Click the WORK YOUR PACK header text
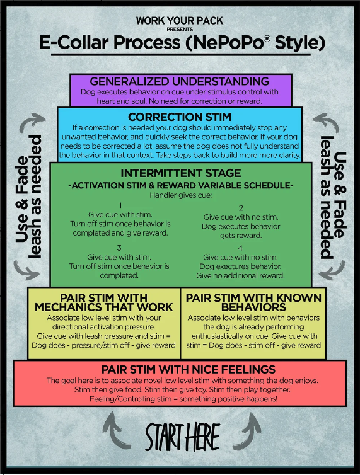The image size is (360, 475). [x=180, y=21]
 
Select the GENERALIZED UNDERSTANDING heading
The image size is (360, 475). [x=180, y=82]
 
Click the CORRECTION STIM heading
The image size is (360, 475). [x=180, y=117]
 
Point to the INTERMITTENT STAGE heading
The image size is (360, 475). [x=180, y=173]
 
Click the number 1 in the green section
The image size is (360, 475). [x=120, y=205]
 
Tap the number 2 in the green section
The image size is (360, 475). [x=240, y=207]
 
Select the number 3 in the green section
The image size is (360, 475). [x=120, y=248]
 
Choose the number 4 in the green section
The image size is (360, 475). [x=240, y=248]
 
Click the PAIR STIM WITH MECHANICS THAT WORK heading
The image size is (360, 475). [x=103, y=302]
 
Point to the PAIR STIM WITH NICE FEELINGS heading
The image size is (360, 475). [x=180, y=369]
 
